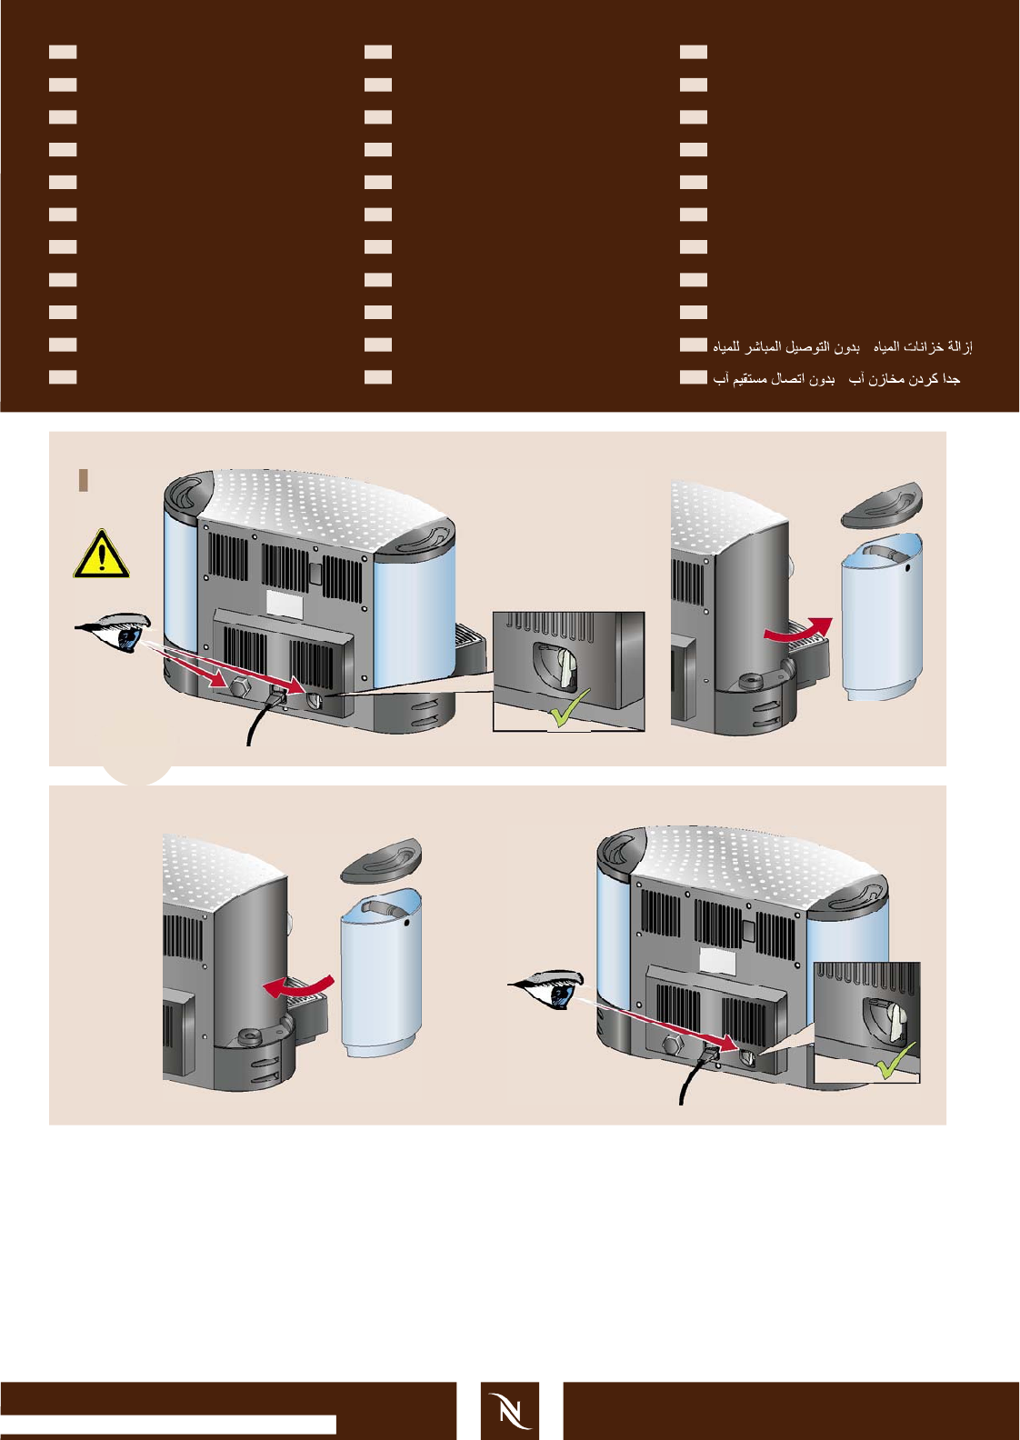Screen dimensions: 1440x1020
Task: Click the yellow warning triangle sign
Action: click(102, 555)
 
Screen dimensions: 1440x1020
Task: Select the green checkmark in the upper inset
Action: click(570, 709)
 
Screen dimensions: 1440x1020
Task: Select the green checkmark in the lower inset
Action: click(895, 1062)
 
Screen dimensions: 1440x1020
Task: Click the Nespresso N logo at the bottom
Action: click(509, 1410)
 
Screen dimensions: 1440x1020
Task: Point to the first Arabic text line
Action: click(843, 346)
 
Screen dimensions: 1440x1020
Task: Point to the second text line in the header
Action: click(836, 378)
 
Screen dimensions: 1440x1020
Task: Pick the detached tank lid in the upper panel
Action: click(882, 505)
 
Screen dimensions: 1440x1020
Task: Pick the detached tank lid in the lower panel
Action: click(381, 860)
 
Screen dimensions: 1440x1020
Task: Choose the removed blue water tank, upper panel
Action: click(882, 618)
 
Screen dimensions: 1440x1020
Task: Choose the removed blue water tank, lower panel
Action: click(380, 975)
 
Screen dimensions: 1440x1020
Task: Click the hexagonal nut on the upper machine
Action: click(241, 687)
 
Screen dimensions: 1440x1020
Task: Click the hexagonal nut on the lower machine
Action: click(674, 1046)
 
